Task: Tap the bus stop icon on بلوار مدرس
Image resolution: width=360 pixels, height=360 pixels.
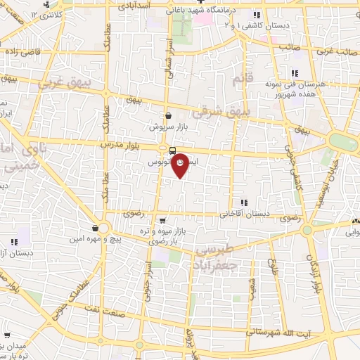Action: coord(172,150)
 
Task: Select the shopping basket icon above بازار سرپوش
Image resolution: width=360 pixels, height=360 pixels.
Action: coord(167,116)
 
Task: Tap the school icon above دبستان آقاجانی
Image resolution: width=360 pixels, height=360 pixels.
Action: coord(243,202)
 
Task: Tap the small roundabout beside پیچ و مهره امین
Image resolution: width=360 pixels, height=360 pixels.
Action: coord(103,228)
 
